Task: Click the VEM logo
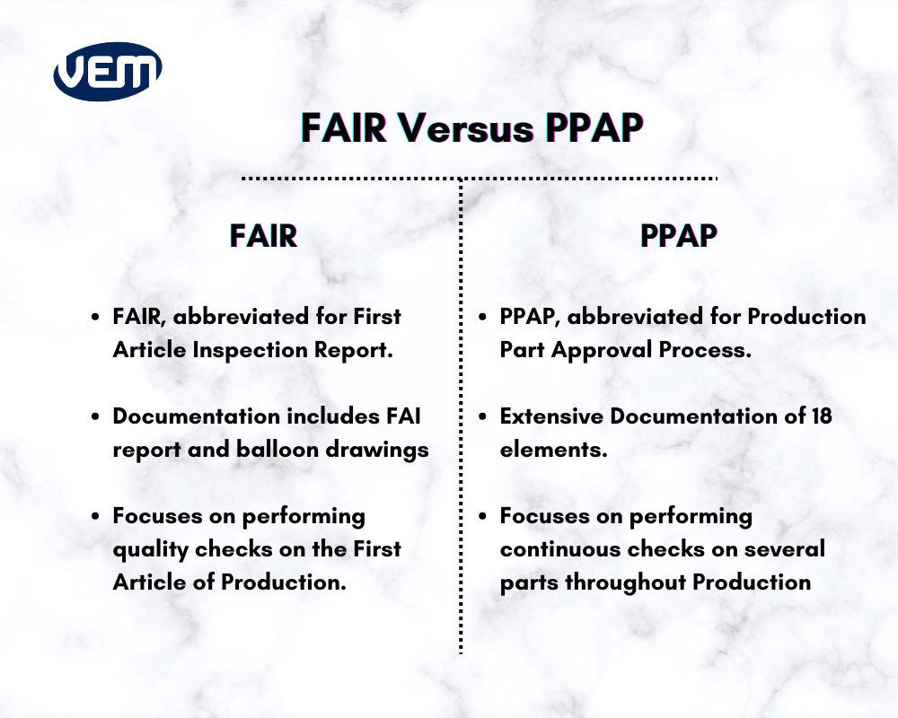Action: tap(108, 71)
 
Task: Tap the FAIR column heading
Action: tap(263, 235)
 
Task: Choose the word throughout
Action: tap(635, 582)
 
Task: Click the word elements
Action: tap(553, 449)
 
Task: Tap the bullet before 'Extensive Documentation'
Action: tap(482, 416)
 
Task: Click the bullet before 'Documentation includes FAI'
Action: tap(95, 416)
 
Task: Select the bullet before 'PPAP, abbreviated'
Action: tap(482, 317)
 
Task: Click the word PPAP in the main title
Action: tap(594, 128)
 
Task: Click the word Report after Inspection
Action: tap(357, 350)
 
